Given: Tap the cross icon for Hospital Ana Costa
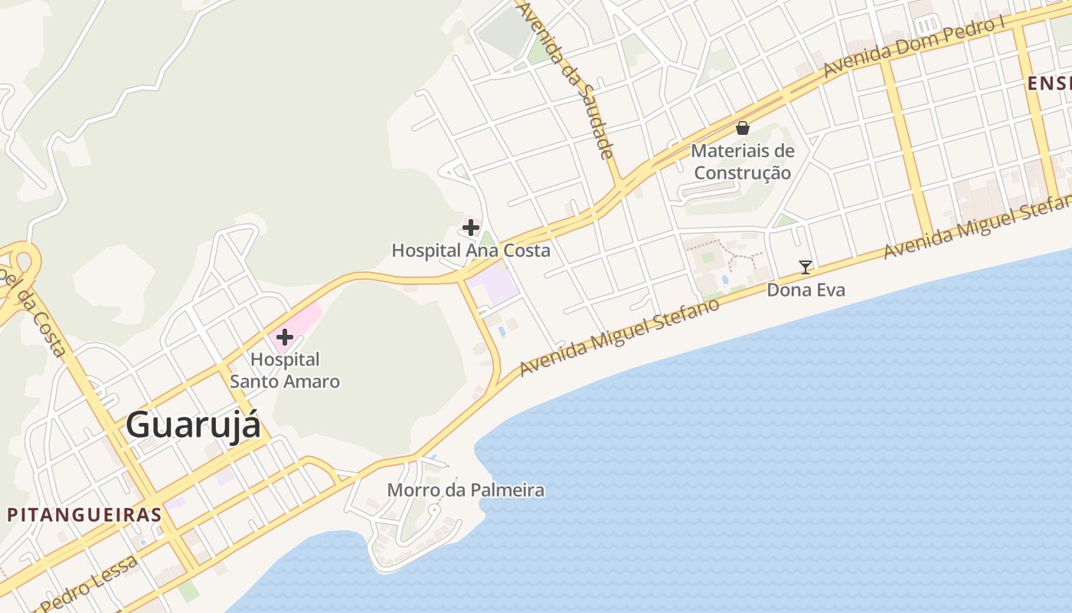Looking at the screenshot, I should coord(471,228).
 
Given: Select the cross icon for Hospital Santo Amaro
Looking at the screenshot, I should coord(285,336).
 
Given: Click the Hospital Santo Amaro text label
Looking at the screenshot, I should coord(285,370).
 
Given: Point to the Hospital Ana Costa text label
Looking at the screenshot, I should coord(471,251).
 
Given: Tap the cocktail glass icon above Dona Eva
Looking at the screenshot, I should coord(806,267).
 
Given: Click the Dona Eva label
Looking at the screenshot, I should coord(806,290).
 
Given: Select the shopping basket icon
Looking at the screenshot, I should coord(742,128).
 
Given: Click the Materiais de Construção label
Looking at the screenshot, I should coord(742,162).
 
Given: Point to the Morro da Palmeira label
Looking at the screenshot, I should coord(466,490).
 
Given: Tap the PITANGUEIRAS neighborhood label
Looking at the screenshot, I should coord(84,514).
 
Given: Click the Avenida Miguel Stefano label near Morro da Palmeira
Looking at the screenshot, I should coord(619,337).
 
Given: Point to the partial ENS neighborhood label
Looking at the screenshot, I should coord(1049,84).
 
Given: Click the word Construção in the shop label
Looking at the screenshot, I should coord(742,173).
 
